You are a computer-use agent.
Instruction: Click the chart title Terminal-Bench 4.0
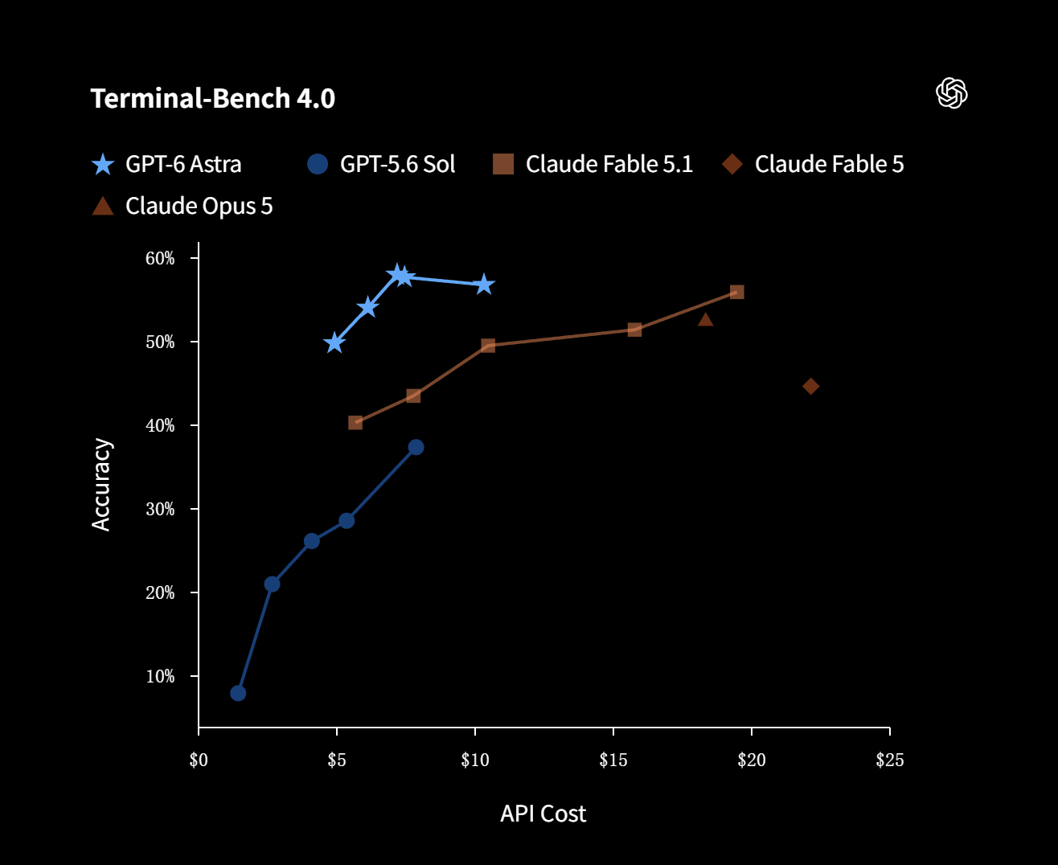tap(213, 98)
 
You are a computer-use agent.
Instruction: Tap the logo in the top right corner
tap(952, 92)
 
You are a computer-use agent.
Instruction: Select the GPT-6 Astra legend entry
tap(166, 164)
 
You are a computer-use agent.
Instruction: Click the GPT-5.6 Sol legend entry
tap(381, 164)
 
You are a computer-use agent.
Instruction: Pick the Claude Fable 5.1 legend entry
tap(593, 164)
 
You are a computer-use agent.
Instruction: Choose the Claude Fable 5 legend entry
tap(813, 164)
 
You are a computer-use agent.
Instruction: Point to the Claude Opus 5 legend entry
tap(182, 206)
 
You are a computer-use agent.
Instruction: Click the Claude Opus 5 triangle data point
tap(705, 319)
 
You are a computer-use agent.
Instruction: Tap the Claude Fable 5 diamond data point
tap(810, 387)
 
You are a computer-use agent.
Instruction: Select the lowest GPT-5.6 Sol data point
tap(238, 693)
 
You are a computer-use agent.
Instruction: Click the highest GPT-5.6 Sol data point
tap(416, 447)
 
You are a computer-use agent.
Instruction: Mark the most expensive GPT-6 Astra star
tap(484, 285)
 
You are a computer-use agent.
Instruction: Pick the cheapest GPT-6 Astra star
tap(334, 343)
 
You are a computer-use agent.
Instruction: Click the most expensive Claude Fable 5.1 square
tap(736, 292)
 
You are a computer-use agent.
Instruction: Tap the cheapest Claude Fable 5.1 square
tap(355, 423)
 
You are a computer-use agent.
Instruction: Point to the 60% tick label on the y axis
tap(160, 258)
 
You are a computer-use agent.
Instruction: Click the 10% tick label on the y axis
tap(160, 676)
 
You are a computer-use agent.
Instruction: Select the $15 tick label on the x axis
tap(613, 760)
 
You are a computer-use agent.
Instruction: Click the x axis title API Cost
tap(543, 814)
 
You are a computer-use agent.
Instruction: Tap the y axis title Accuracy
tap(100, 484)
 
